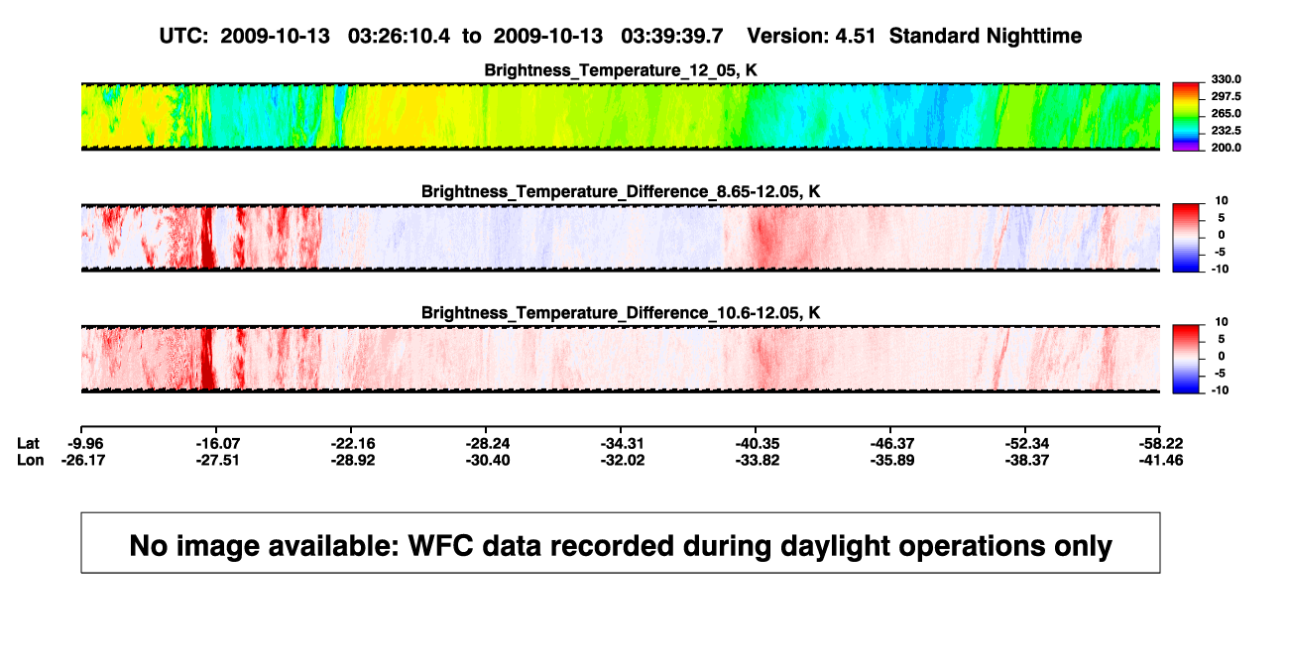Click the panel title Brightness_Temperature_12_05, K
tap(621, 70)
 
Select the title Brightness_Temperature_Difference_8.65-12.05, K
tap(621, 191)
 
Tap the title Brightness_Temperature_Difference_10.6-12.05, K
tap(621, 313)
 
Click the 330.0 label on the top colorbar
tap(1226, 79)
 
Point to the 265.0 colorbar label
tap(1226, 113)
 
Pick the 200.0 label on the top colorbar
tap(1226, 148)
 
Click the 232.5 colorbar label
tap(1226, 131)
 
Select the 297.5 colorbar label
tap(1226, 96)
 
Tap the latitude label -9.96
tap(85, 444)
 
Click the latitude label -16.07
tap(217, 444)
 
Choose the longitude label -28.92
tap(353, 460)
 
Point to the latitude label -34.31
tap(622, 444)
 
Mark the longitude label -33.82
tap(758, 460)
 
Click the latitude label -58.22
tap(1161, 444)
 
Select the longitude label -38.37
tap(1027, 460)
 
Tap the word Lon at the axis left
tap(31, 460)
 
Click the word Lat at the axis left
tap(28, 444)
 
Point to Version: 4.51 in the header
tap(811, 36)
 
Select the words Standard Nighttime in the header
tap(986, 37)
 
